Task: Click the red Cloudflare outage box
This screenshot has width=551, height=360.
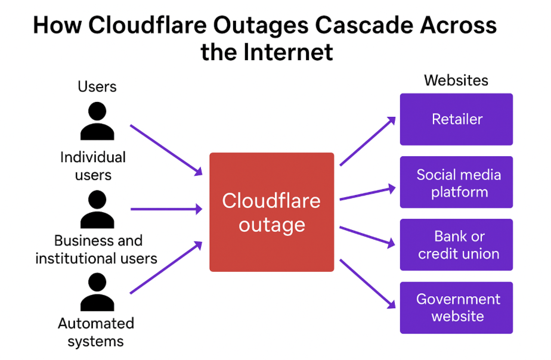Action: pos(271,212)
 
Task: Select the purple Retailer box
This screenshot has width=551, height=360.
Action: pos(456,119)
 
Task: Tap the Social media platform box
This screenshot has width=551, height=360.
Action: pos(456,182)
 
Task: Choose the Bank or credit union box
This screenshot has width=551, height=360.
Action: pos(456,245)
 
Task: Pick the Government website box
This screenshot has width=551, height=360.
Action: pos(456,308)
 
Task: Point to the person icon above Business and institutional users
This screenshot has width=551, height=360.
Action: pos(97,209)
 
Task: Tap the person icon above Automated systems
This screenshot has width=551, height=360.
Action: pos(97,293)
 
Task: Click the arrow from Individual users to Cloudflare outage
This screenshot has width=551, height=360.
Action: pos(166,150)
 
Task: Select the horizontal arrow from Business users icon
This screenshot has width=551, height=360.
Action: pos(166,209)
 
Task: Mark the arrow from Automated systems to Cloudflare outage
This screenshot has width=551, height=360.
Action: pos(166,268)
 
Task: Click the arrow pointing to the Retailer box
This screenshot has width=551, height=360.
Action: pos(367,141)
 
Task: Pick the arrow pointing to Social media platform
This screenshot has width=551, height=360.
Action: pos(367,193)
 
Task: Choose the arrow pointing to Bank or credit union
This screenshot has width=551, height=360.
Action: pos(367,235)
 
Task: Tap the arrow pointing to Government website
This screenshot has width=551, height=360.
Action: pos(367,283)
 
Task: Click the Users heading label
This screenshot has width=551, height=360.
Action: pos(97,87)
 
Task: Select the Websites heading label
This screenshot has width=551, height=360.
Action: pos(456,80)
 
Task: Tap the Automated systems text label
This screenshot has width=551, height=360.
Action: pos(95,333)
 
